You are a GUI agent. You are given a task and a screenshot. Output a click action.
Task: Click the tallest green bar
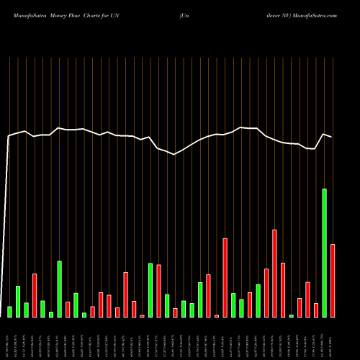(325, 253)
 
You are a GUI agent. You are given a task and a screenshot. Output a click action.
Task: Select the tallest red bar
(274, 273)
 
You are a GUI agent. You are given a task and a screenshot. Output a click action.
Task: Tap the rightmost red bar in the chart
(333, 281)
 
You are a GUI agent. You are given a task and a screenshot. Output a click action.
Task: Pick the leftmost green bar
(9, 312)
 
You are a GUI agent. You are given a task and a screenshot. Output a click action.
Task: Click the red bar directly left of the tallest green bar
(316, 310)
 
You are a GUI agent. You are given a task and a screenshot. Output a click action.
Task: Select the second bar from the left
(18, 302)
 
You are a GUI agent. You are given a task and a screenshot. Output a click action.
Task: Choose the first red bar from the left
(35, 295)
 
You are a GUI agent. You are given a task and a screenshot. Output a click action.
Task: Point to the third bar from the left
(26, 310)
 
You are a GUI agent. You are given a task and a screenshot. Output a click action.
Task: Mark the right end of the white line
(331, 137)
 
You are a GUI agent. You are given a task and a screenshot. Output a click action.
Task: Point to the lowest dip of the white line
(175, 154)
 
